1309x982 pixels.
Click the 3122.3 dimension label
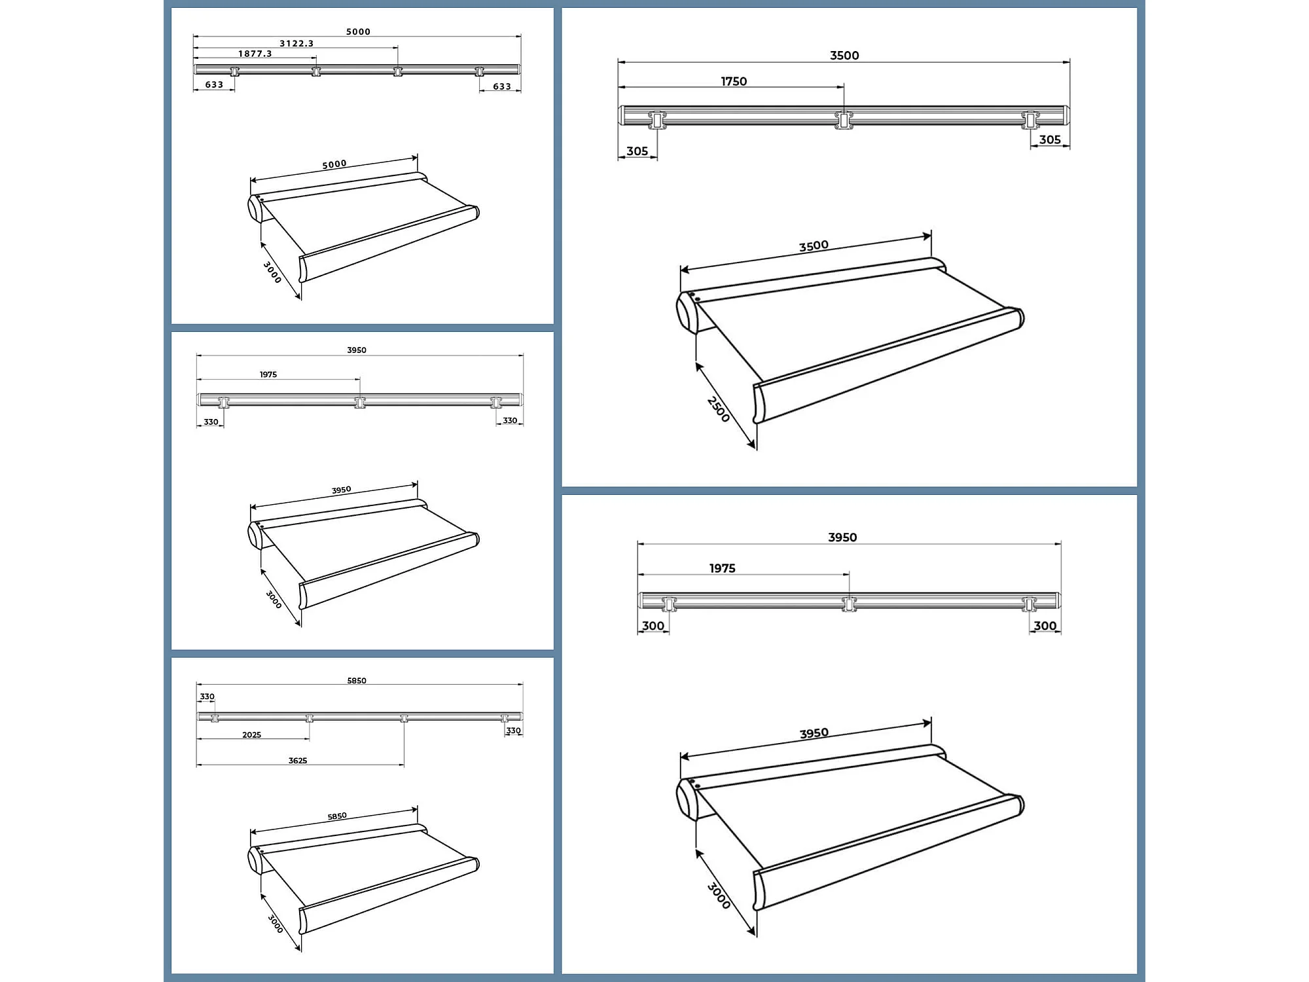[x=296, y=43]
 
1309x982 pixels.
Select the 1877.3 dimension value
[x=255, y=54]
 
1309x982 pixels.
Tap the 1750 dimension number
[x=734, y=81]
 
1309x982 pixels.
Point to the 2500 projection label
[x=718, y=409]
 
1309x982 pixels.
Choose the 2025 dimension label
[x=251, y=735]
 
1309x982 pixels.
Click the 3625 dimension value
[x=298, y=760]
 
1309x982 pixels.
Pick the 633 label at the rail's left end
[x=214, y=84]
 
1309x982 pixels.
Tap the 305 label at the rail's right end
[x=1050, y=139]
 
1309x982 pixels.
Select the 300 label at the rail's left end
[x=653, y=626]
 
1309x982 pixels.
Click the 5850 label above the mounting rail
[x=357, y=680]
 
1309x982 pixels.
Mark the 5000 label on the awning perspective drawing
[x=334, y=164]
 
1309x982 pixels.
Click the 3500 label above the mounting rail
[x=844, y=56]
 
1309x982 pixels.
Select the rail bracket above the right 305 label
[x=1030, y=120]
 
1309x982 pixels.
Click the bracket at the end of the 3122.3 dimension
[x=397, y=71]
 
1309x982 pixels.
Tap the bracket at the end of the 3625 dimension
[x=404, y=718]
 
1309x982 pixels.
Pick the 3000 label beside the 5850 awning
[x=276, y=924]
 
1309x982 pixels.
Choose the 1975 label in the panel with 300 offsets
[x=722, y=568]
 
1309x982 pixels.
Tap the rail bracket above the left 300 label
[x=668, y=604]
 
